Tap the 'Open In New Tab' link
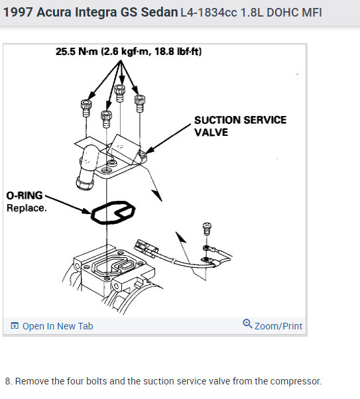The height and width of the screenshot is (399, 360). tap(58, 326)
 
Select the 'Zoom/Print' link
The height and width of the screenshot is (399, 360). tap(278, 326)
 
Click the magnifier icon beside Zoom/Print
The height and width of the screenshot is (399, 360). tap(247, 323)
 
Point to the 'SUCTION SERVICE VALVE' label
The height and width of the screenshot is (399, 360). tap(240, 126)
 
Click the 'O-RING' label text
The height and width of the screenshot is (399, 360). tap(25, 196)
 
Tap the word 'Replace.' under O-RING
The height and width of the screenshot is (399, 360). tap(27, 208)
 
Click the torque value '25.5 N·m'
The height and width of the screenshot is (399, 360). tap(77, 52)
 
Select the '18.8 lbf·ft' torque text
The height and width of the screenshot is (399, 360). tap(178, 52)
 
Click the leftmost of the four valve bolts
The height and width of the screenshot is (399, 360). tap(86, 108)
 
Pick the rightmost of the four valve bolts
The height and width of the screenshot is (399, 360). tap(139, 103)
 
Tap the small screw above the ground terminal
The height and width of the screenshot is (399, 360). tap(207, 229)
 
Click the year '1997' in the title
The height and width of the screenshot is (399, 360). tap(18, 12)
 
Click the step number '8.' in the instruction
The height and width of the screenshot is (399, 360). tap(9, 381)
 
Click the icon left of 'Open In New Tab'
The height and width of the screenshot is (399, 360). tap(15, 325)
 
